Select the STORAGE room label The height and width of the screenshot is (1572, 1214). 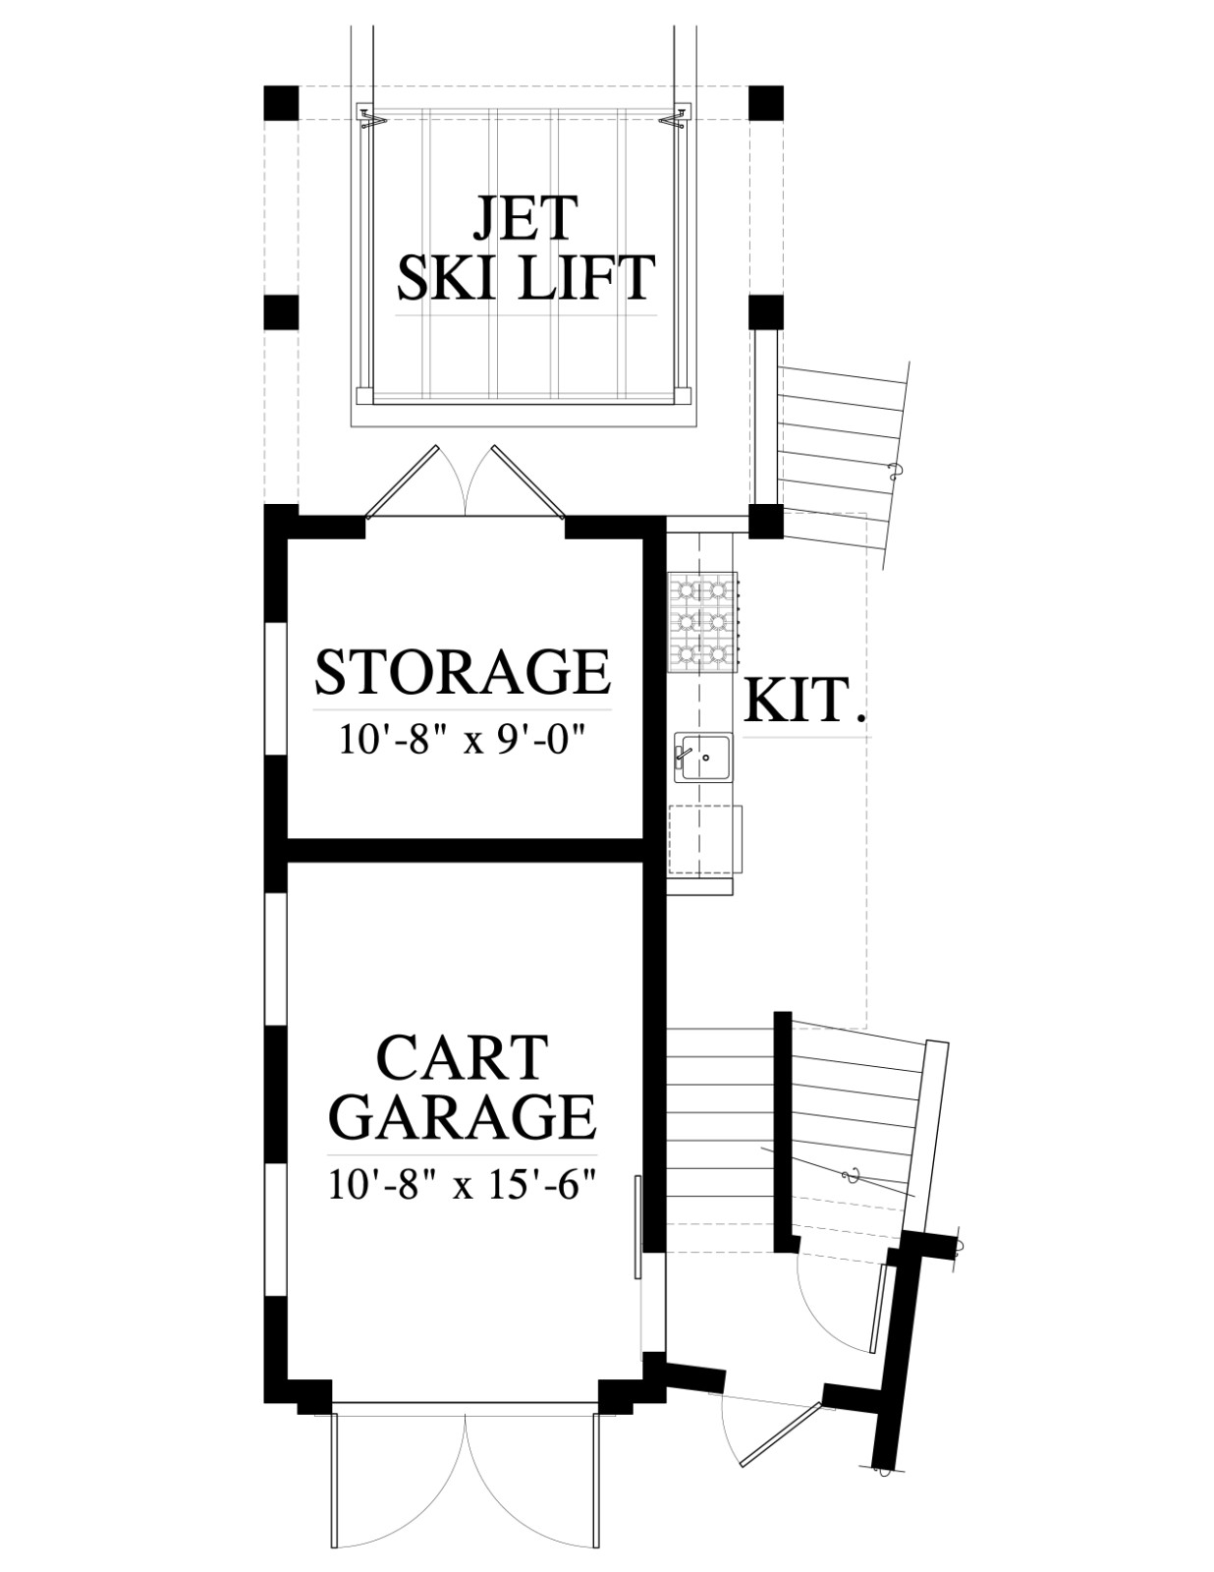463,673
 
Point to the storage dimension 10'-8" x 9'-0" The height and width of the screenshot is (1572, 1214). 462,740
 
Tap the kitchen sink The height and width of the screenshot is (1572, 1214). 703,758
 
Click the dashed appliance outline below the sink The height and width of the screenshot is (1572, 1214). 705,839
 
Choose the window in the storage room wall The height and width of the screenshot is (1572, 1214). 275,688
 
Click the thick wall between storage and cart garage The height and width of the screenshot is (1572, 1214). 466,850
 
